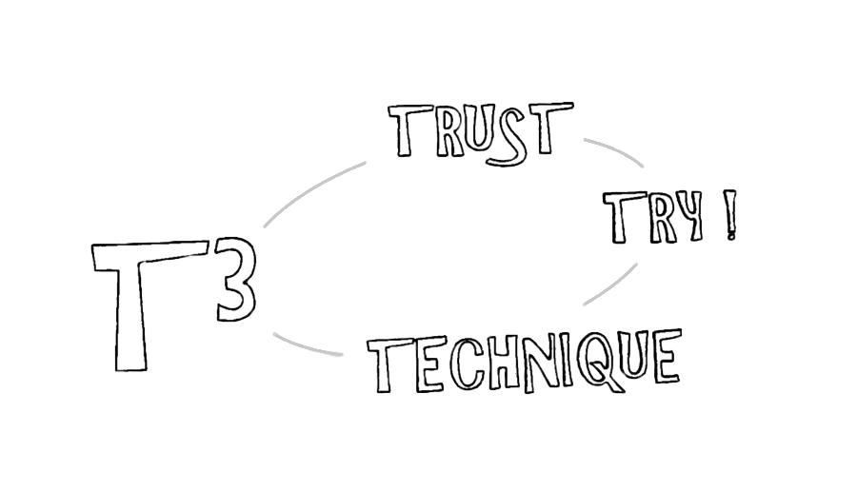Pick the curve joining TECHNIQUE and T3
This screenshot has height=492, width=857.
tap(305, 347)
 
